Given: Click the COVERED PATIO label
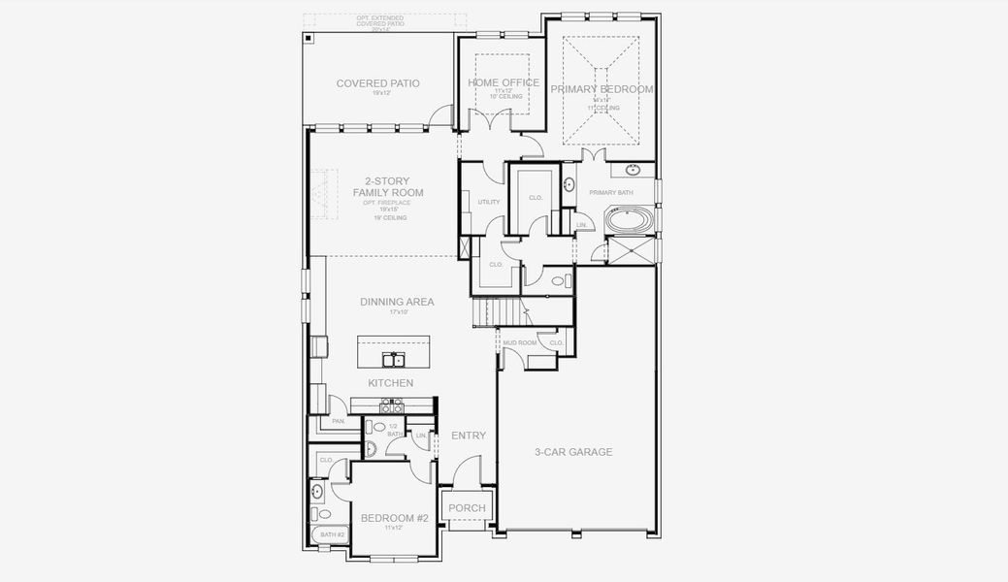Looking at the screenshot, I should [377, 83].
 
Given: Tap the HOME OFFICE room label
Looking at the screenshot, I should [504, 82].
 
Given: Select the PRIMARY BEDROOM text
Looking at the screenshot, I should [602, 89].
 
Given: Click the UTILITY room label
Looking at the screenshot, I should [489, 202].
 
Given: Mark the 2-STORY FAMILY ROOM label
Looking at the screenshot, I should [387, 186].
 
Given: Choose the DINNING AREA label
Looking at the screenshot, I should [397, 302].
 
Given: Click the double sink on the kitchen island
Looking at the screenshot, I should [393, 361].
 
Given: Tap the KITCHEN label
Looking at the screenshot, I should [390, 383].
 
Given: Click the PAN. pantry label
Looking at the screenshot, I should [338, 421].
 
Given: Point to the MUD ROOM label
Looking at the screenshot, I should [520, 342].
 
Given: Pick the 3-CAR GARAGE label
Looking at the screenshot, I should [573, 451].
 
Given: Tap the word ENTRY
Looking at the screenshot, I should [469, 436].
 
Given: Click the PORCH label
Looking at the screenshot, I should [467, 507].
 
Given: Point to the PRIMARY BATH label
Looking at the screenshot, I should [610, 193].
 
